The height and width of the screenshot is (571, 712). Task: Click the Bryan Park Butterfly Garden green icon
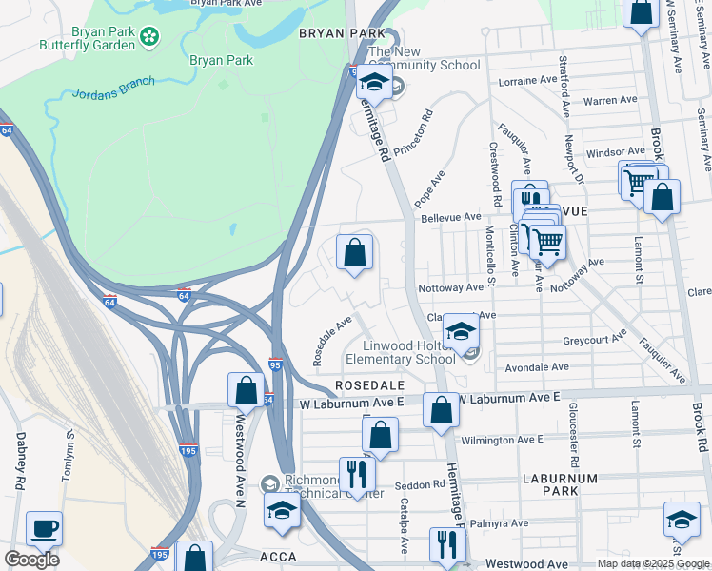coord(148,37)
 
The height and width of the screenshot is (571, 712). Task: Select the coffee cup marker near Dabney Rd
coord(44,528)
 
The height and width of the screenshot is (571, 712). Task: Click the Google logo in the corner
coord(30,560)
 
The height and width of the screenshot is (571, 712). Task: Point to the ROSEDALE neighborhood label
coord(369,385)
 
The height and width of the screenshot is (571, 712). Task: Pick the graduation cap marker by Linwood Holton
coord(462,331)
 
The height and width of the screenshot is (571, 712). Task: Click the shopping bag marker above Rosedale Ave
coord(354,253)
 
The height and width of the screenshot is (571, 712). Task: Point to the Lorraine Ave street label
coord(530,82)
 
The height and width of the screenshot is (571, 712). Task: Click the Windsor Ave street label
coord(615,152)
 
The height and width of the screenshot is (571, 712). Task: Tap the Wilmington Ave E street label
coord(501,440)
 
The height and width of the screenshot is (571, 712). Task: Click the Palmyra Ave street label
coord(499,522)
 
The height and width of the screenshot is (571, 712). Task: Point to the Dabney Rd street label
coord(19,461)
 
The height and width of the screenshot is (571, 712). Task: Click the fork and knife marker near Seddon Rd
coord(356,472)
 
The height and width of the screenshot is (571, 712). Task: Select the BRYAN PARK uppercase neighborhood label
coord(327,32)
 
